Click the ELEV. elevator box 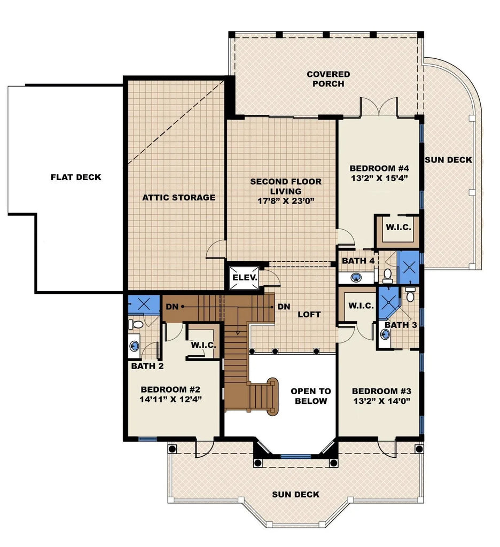[x=245, y=278]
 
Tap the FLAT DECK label [x=76, y=177]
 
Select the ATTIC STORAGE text [x=179, y=198]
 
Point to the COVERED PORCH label [x=328, y=79]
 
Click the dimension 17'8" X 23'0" [x=286, y=201]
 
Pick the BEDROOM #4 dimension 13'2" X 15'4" [x=380, y=178]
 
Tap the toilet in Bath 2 [x=137, y=324]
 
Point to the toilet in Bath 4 [x=388, y=275]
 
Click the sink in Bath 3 [x=386, y=334]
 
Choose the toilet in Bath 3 [x=410, y=294]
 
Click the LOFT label [x=309, y=315]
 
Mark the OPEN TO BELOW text [x=310, y=396]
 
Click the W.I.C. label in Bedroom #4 [x=399, y=227]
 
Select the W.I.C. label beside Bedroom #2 [x=203, y=345]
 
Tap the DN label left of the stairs [x=171, y=307]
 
